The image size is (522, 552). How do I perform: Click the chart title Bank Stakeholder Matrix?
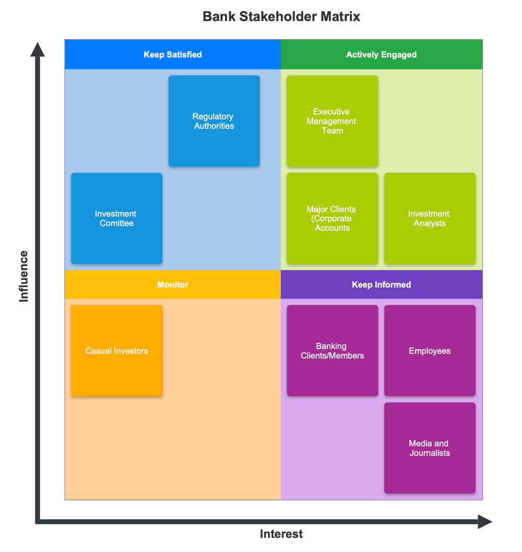pos(281,17)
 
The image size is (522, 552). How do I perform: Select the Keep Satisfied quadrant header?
pos(172,54)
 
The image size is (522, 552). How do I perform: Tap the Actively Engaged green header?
pos(381,54)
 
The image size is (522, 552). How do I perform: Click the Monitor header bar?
pos(172,284)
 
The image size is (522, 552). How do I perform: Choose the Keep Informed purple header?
pos(381,284)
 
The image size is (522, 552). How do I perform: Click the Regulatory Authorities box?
pos(214,121)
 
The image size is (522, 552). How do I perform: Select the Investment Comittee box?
pos(116,218)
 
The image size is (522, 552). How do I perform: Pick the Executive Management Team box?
pos(332,121)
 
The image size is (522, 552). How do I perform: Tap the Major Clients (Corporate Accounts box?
pos(332,218)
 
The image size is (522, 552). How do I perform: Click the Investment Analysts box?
pos(430,218)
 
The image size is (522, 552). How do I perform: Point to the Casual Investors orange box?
pos(116,351)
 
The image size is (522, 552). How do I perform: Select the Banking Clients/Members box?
pos(332,351)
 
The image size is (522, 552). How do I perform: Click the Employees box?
pos(430,351)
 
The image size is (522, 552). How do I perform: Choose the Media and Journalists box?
pos(430,448)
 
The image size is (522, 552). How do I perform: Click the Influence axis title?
pos(23,276)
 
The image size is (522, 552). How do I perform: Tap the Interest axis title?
pos(281,534)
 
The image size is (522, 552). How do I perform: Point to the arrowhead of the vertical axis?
pos(38,49)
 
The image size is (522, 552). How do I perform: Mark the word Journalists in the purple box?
pos(430,453)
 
